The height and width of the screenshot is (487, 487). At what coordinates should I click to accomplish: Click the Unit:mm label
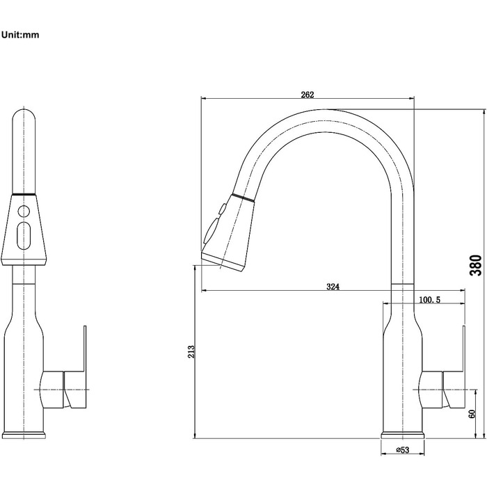click(x=20, y=35)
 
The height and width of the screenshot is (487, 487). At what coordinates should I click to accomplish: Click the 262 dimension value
click(x=308, y=95)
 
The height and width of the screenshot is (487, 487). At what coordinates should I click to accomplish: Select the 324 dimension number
click(x=333, y=287)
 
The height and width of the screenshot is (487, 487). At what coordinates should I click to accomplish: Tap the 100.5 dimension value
click(x=429, y=300)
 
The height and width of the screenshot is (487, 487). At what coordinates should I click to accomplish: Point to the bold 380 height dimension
click(x=476, y=265)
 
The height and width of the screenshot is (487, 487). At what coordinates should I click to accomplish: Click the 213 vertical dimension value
click(x=191, y=351)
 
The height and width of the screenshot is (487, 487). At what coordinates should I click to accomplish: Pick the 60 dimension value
click(x=472, y=414)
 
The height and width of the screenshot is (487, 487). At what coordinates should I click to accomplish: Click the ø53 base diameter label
click(x=403, y=449)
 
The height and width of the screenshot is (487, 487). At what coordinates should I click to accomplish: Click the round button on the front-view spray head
click(x=24, y=211)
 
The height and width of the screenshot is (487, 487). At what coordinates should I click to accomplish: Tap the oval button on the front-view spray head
click(x=24, y=236)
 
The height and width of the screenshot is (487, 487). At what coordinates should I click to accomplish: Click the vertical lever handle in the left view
click(x=85, y=349)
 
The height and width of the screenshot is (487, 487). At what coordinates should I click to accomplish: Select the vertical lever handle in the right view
click(x=464, y=349)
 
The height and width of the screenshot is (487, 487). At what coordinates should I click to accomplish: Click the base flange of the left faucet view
click(x=24, y=435)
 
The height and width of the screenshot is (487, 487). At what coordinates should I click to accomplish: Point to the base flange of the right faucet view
click(x=403, y=435)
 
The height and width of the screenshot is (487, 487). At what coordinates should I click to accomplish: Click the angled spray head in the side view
click(x=227, y=232)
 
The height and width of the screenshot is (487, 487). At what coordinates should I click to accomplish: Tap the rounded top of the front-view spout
click(x=24, y=118)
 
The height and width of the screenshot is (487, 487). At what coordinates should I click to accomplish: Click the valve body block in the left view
click(x=53, y=389)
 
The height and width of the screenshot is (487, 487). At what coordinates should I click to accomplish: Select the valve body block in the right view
click(x=431, y=389)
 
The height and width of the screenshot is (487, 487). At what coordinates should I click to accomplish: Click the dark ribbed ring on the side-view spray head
click(x=243, y=198)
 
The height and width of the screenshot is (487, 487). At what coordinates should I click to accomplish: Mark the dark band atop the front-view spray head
click(x=24, y=194)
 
